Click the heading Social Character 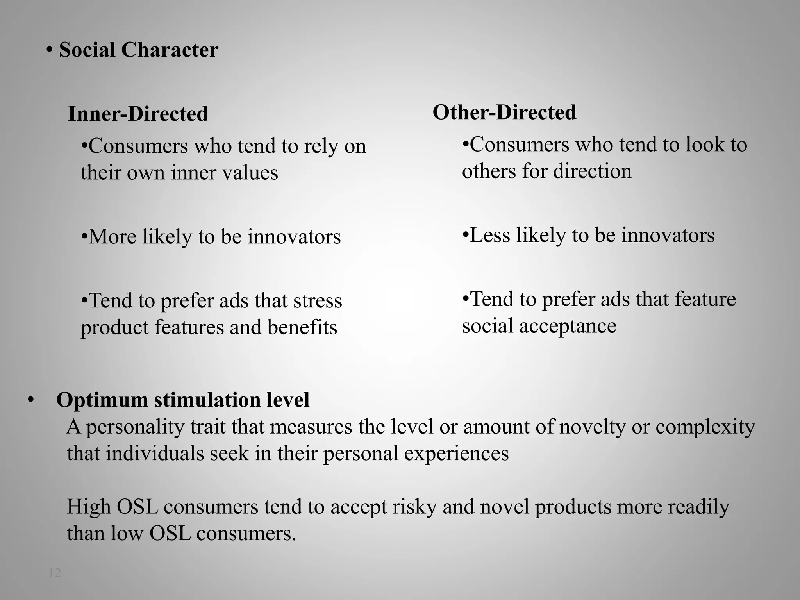138,50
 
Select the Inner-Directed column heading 138,114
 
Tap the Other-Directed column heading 504,112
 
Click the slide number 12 55,573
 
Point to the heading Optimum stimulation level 183,400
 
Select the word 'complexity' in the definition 705,427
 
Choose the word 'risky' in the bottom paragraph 414,507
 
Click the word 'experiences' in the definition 456,454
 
